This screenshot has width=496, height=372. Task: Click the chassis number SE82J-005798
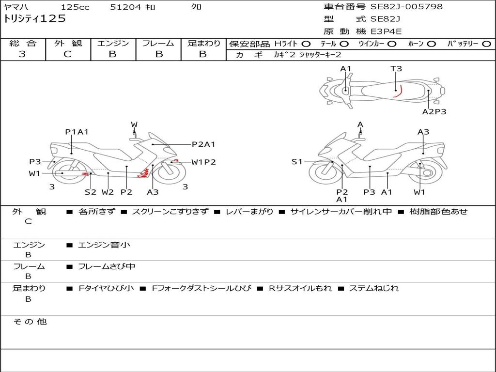(x=406, y=7)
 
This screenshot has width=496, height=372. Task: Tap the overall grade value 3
(x=22, y=54)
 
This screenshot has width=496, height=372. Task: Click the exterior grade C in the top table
(x=68, y=54)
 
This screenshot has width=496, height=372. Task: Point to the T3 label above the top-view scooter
(x=396, y=69)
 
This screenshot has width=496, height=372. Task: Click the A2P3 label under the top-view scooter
(x=434, y=112)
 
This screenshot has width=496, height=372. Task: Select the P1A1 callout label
(x=77, y=132)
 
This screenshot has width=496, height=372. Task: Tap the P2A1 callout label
(x=203, y=144)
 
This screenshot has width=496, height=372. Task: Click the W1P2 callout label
(x=203, y=162)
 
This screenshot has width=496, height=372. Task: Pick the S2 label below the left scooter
(x=91, y=192)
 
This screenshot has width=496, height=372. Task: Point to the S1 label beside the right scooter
(x=297, y=162)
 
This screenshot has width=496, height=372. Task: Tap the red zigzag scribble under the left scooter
(x=143, y=173)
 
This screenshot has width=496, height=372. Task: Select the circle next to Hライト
(x=306, y=44)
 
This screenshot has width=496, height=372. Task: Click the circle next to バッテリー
(x=487, y=44)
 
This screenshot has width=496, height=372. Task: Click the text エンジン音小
(x=104, y=245)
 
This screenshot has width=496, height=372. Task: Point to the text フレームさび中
(x=107, y=267)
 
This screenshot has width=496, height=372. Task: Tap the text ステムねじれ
(x=374, y=289)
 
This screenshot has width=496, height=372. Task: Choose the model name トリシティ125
(x=35, y=19)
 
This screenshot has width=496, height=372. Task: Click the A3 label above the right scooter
(x=423, y=132)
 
